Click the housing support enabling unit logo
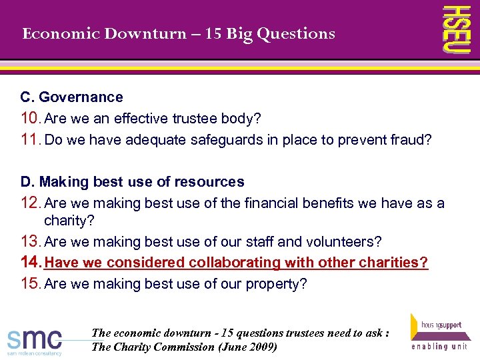tap(438, 331)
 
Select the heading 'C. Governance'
tap(71, 97)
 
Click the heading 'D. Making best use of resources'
tap(132, 182)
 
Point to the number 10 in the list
tap(30, 119)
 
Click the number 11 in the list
tap(30, 140)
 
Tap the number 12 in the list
tap(30, 203)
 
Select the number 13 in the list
tap(30, 241)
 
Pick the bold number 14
tap(31, 263)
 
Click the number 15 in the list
tap(30, 284)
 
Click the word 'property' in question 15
tap(279, 284)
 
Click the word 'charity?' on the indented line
tap(69, 221)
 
